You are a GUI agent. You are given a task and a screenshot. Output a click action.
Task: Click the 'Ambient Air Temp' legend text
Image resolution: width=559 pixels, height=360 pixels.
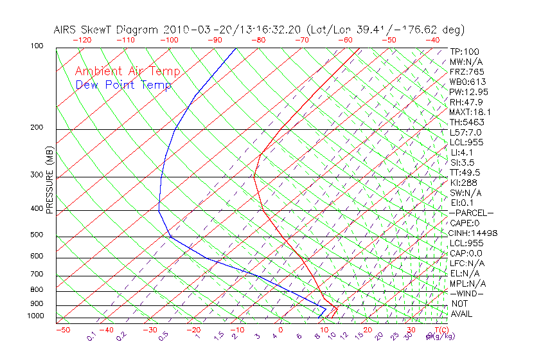(x=127, y=71)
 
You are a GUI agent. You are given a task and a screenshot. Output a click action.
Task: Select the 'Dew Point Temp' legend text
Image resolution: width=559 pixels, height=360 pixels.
(x=123, y=85)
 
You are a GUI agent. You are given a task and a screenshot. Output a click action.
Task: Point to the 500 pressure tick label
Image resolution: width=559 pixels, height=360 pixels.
(x=37, y=235)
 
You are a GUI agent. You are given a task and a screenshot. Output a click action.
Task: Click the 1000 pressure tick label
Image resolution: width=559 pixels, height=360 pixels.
(x=35, y=316)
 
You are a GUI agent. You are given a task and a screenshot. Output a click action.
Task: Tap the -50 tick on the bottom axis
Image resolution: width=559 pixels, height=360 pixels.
(x=62, y=330)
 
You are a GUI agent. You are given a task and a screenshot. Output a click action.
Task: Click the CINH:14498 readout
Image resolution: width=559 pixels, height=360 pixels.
(x=473, y=233)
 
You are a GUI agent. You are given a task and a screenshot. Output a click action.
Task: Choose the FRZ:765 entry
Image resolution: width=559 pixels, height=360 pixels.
(x=466, y=71)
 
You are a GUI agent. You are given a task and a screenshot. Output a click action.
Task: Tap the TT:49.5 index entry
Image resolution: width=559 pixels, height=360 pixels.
(x=466, y=172)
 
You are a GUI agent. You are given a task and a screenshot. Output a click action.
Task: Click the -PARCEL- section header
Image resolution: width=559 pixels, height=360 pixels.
(x=471, y=213)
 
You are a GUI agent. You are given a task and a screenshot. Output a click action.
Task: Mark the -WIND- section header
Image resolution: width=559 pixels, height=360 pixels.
(x=466, y=293)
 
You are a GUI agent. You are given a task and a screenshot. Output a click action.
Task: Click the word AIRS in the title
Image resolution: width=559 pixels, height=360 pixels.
(x=67, y=30)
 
